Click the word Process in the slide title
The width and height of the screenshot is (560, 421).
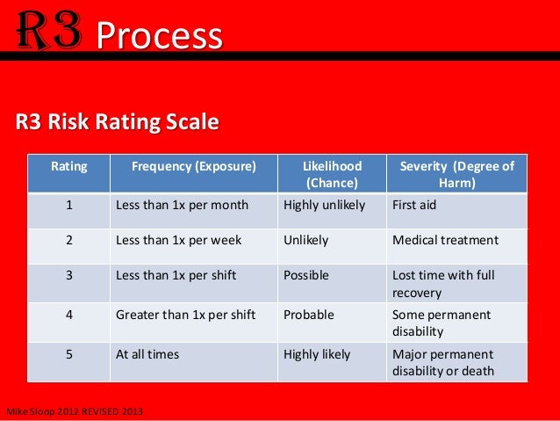159,36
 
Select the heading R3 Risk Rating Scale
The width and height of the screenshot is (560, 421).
116,122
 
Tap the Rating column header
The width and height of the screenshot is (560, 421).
68,165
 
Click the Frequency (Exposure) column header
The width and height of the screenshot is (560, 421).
193,165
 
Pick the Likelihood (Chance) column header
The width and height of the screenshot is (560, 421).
331,174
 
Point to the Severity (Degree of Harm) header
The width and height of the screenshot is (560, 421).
456,174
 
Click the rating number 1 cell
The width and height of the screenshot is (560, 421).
68,205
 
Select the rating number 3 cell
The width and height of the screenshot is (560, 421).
68,275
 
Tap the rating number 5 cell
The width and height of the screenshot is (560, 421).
68,354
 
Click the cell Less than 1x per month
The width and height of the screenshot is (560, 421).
182,205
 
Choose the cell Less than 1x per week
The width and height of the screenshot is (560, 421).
178,240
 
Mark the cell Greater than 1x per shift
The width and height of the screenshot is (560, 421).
185,315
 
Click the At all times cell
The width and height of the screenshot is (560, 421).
147,354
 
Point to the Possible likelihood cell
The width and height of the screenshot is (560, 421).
306,275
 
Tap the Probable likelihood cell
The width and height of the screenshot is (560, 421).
308,315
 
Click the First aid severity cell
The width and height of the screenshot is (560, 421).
413,205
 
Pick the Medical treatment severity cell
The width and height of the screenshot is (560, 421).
445,240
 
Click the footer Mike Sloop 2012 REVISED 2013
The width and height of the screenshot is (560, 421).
75,412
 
